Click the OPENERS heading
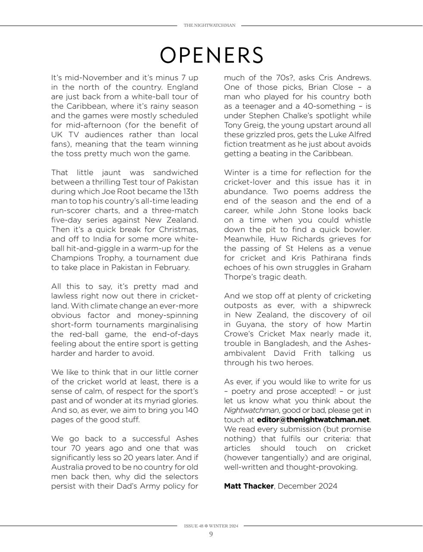(211, 55)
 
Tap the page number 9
(211, 534)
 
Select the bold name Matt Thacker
(249, 486)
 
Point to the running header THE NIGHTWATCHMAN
(209, 25)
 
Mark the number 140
(191, 410)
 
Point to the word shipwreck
(351, 305)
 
